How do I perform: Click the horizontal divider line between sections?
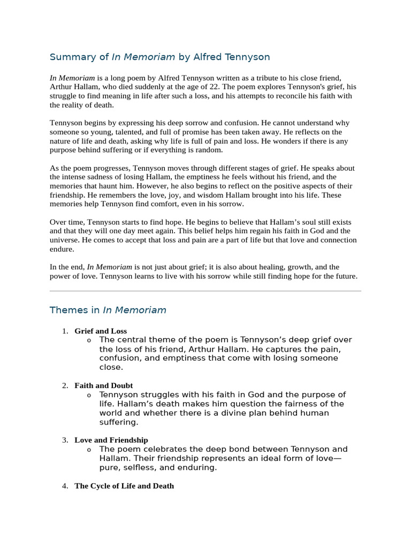click(205, 291)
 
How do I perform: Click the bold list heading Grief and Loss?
click(101, 331)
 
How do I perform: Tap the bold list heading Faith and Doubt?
click(104, 386)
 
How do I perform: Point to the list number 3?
click(65, 440)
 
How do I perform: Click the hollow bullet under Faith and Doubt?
click(89, 395)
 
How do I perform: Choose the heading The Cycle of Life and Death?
click(124, 486)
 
